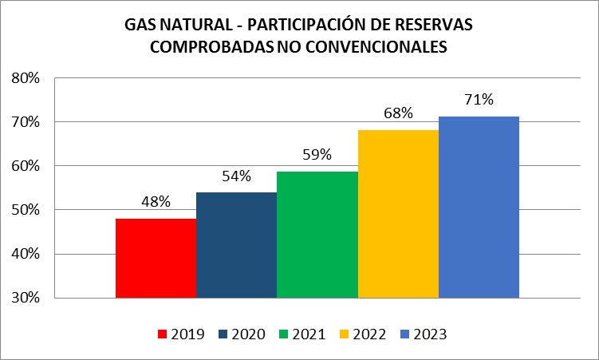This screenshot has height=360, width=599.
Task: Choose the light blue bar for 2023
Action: pyautogui.click(x=479, y=207)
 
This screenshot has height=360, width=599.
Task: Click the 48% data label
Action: pyautogui.click(x=156, y=202)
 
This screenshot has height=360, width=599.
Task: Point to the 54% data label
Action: pyautogui.click(x=236, y=176)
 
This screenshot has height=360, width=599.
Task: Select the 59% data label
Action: pyautogui.click(x=317, y=155)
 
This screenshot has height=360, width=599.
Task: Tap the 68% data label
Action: pyautogui.click(x=397, y=113)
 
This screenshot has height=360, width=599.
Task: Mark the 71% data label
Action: pyautogui.click(x=479, y=100)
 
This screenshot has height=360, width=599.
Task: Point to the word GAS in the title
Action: pyautogui.click(x=140, y=25)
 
